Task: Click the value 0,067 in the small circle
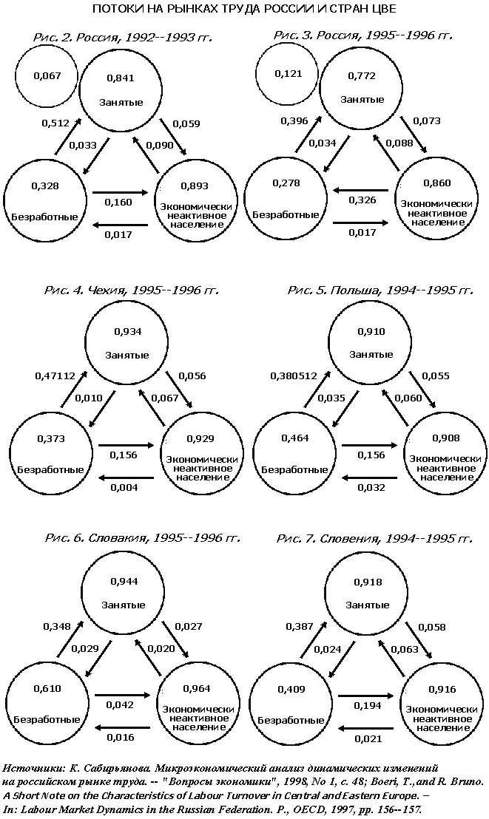pyautogui.click(x=47, y=75)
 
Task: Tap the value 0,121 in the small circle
pyautogui.click(x=289, y=74)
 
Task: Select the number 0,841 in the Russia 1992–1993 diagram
pyautogui.click(x=121, y=78)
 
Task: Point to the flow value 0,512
pyautogui.click(x=55, y=123)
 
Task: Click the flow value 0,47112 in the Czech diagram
pyautogui.click(x=55, y=375)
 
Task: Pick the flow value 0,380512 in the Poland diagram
pyautogui.click(x=294, y=375)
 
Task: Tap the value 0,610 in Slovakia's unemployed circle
pyautogui.click(x=47, y=688)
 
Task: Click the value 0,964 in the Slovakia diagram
pyautogui.click(x=197, y=688)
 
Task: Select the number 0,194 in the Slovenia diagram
pyautogui.click(x=367, y=706)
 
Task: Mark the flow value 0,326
pyautogui.click(x=362, y=200)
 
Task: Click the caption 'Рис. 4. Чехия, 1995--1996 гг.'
pyautogui.click(x=131, y=290)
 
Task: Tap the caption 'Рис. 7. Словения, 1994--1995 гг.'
pyautogui.click(x=374, y=538)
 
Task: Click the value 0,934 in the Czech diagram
pyautogui.click(x=127, y=332)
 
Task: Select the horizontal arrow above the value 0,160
pyautogui.click(x=121, y=193)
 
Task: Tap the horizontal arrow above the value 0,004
pyautogui.click(x=127, y=478)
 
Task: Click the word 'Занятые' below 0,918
pyautogui.click(x=367, y=605)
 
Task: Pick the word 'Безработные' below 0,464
pyautogui.click(x=295, y=469)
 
